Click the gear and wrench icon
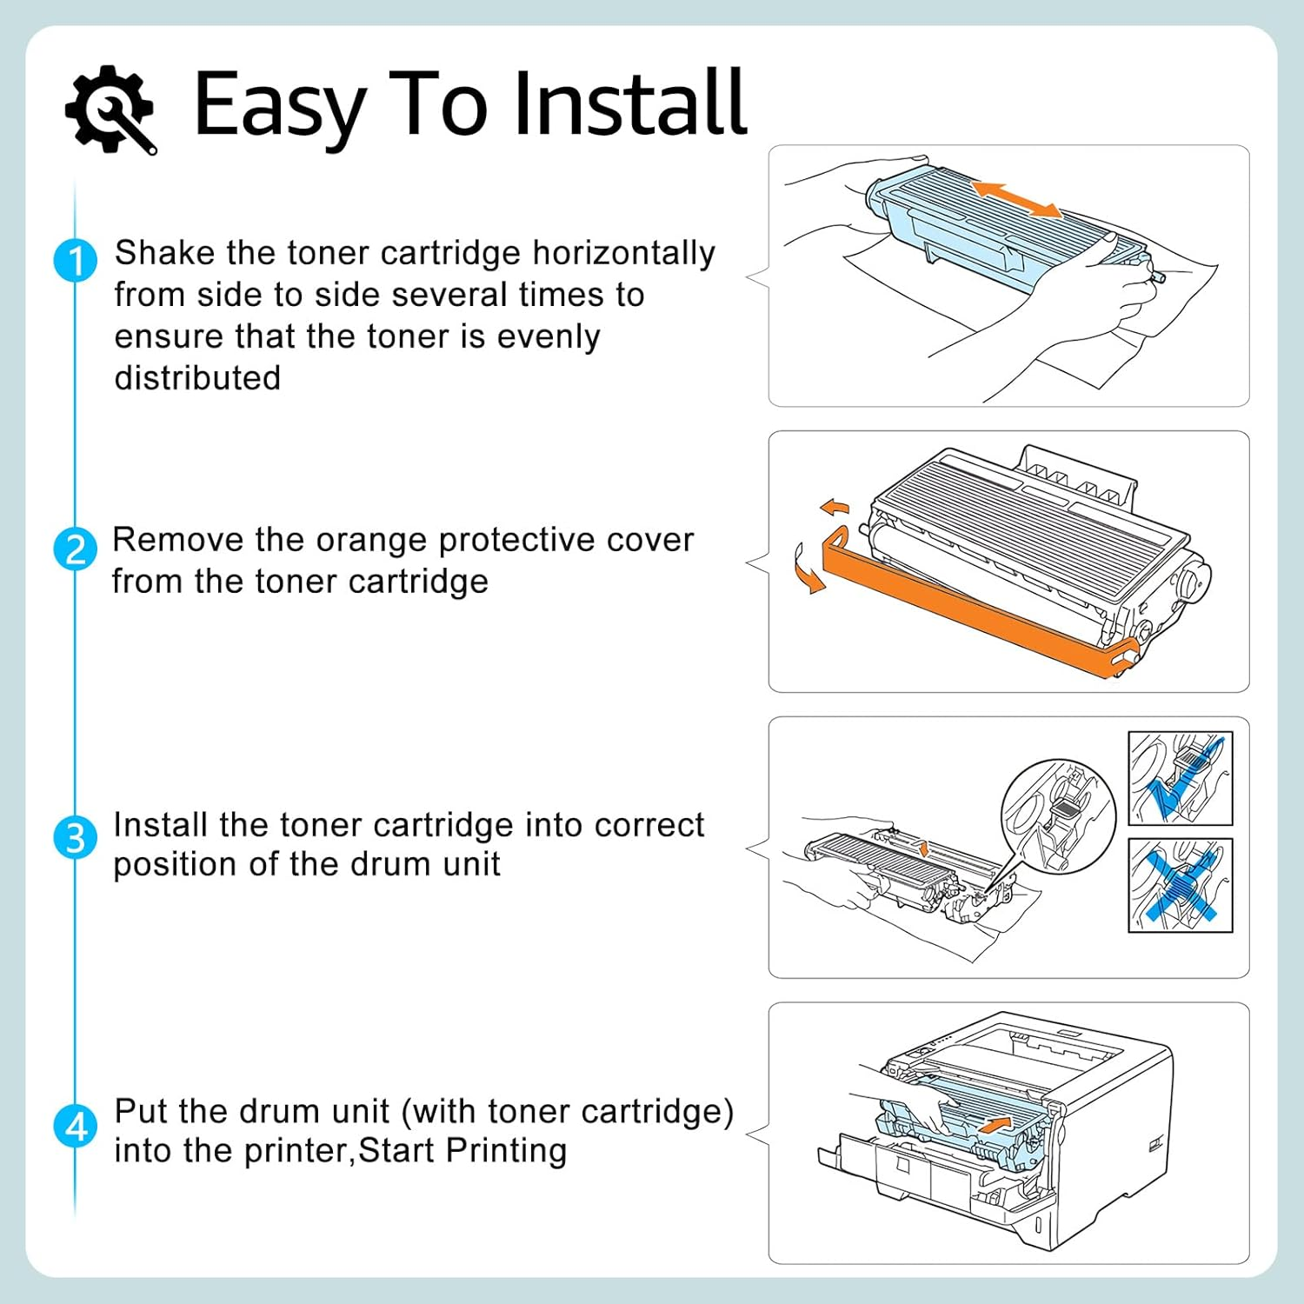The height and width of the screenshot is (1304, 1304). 110,110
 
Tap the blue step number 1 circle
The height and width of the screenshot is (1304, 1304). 76,261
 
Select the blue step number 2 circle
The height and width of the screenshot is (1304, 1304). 76,549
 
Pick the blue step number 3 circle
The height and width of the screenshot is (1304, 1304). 76,838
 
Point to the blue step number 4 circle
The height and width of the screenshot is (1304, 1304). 76,1127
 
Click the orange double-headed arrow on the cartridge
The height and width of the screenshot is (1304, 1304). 1016,199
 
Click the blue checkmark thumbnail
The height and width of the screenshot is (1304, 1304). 1180,778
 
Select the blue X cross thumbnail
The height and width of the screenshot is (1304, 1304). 1180,885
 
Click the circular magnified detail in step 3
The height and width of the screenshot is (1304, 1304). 1058,815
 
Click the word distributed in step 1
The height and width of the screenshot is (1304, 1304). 197,378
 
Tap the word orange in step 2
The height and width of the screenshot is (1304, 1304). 372,540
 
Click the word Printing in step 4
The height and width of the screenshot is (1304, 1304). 506,1150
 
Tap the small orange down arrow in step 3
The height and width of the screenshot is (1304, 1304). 923,848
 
